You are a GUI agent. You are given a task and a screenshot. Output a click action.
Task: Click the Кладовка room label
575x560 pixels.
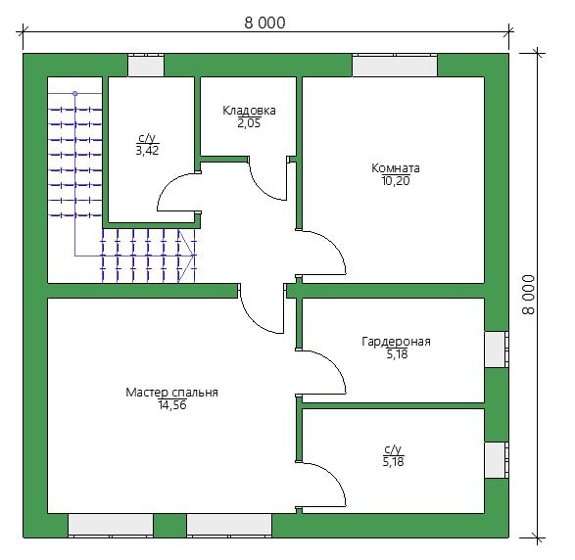[249, 111]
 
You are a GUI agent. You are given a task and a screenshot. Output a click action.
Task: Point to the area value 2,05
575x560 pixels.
[249, 123]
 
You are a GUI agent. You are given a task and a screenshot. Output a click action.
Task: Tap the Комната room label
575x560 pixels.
[396, 168]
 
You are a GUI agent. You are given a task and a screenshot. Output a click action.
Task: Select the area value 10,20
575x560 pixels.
[396, 181]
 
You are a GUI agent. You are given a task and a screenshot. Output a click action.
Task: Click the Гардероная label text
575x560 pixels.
[396, 342]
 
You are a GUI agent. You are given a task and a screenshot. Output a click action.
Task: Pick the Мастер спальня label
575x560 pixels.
[171, 393]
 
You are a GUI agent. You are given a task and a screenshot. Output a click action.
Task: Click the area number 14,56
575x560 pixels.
[172, 405]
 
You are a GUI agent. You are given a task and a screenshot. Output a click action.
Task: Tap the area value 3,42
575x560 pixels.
[147, 150]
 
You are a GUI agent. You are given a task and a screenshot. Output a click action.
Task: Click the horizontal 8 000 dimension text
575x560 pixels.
[264, 23]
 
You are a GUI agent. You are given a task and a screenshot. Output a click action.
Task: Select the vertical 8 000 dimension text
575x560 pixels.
[528, 295]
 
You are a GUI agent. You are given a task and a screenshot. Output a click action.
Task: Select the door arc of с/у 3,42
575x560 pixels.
[169, 183]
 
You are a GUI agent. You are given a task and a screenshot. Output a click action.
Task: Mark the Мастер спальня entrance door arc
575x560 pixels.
[253, 319]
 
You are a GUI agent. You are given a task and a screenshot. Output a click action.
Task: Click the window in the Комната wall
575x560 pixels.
[395, 66]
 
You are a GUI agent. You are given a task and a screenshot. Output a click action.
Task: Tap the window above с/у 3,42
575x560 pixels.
[146, 66]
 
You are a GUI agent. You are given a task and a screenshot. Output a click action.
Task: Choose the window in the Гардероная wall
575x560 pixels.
[497, 350]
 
